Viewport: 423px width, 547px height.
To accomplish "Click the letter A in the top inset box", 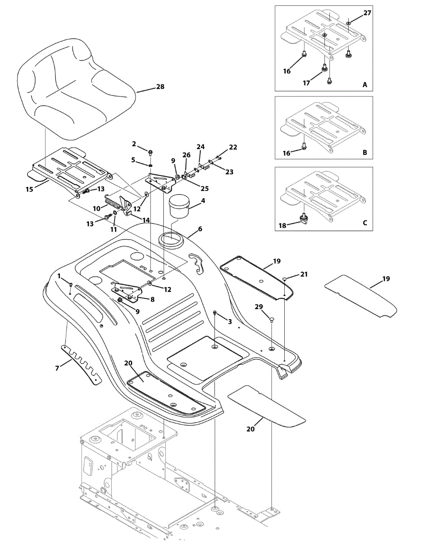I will click(365, 85).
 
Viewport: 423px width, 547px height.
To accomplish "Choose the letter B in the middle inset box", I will click(365, 153).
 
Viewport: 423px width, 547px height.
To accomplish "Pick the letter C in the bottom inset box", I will click(365, 223).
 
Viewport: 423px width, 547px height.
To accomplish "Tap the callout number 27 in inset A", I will click(367, 13).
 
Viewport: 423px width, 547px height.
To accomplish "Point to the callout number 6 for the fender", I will click(200, 229).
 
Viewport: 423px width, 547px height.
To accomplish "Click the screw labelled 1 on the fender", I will click(71, 285).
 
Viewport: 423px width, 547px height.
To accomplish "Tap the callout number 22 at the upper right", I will click(233, 147).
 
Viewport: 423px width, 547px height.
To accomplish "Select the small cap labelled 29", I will click(271, 320).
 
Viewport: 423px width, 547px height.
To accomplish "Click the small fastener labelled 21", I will click(284, 278).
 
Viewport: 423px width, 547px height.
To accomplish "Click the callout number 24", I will click(201, 147).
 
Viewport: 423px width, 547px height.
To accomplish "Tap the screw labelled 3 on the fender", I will click(214, 313).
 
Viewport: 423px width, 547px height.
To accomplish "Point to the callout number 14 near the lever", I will click(146, 220).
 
